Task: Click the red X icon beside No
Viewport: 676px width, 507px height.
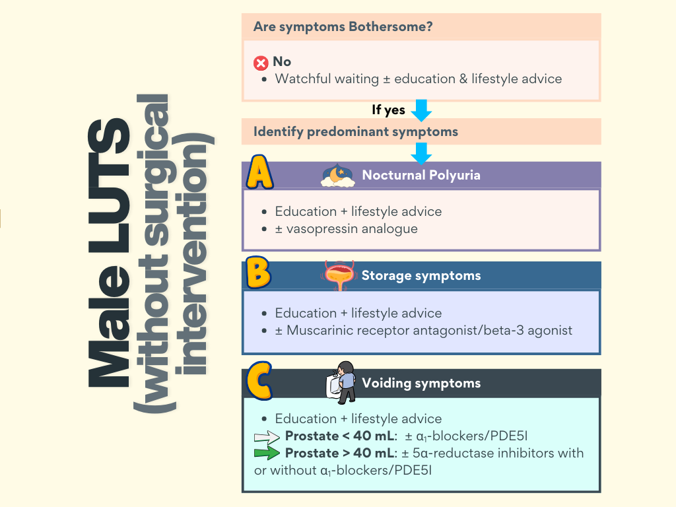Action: click(261, 63)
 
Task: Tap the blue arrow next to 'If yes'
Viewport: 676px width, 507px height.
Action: click(421, 110)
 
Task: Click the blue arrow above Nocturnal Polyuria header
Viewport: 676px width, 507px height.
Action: click(421, 153)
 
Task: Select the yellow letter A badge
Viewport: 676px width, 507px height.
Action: click(260, 174)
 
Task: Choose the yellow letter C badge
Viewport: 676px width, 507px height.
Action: click(259, 381)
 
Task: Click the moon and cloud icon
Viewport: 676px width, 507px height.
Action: click(338, 176)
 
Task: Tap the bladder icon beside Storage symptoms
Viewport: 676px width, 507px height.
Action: click(340, 275)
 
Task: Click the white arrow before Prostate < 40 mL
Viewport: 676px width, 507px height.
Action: click(267, 436)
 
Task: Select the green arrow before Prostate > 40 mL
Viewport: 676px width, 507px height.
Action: click(267, 454)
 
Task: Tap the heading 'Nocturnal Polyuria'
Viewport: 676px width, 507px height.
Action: click(421, 175)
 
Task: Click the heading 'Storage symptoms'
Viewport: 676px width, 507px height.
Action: click(421, 275)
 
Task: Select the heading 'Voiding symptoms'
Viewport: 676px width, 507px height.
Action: click(421, 383)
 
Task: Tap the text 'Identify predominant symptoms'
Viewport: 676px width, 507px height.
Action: click(355, 131)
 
